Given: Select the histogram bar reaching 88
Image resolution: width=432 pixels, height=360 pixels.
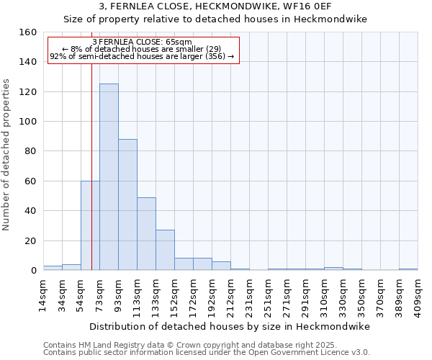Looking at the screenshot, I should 127,204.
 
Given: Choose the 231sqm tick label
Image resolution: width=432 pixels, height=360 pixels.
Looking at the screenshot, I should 249,294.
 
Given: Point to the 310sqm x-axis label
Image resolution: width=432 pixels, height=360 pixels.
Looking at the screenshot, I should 324,294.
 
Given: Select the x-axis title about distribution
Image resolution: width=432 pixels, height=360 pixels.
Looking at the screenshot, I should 230,326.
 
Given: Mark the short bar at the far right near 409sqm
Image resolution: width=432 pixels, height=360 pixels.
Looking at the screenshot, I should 408,269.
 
